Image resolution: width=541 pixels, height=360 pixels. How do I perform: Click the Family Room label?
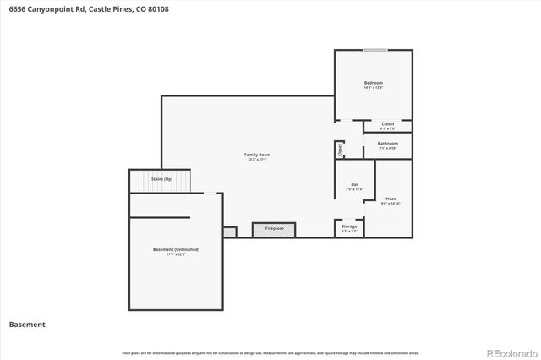258,155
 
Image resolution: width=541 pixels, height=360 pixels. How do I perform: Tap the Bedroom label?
374,82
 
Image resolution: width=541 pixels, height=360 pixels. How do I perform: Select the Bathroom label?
388,143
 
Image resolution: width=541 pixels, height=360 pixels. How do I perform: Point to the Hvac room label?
391,199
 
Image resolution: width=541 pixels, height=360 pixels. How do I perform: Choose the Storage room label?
349,226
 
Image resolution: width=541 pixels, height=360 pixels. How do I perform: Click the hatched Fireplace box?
274,229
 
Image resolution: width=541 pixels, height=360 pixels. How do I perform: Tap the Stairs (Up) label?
161,180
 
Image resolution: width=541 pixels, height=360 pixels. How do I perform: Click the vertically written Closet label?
340,150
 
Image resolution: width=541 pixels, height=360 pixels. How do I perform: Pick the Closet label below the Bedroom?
387,124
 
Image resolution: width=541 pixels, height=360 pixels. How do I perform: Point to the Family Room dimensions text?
258,160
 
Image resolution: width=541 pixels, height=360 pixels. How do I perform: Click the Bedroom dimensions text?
374,87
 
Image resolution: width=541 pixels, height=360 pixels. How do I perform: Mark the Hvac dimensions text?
391,205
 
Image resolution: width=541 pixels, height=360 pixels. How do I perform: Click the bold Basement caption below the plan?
27,325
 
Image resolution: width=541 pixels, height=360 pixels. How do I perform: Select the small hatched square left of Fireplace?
230,232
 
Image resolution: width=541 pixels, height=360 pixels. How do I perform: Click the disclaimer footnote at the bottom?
270,352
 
